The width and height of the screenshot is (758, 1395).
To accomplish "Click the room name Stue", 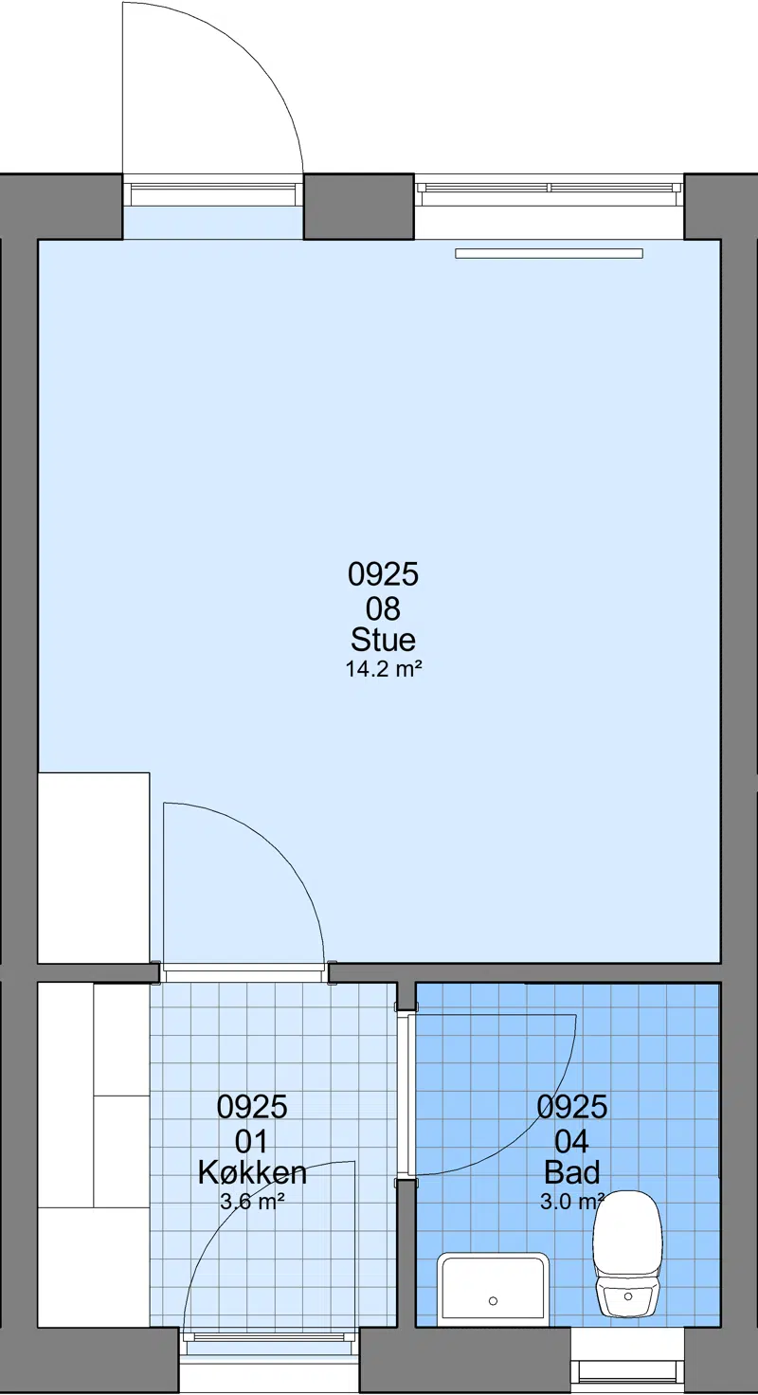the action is point(383,640).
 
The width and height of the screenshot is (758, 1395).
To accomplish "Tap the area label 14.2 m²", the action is point(384,669).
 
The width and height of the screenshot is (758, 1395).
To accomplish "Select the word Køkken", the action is point(252,1172).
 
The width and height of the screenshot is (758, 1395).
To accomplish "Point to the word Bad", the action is point(571,1172).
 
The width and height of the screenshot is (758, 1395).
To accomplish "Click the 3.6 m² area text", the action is point(252,1202).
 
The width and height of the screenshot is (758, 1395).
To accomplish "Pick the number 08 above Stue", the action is point(383,608).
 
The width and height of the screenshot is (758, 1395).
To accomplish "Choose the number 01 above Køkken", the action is point(252,1142).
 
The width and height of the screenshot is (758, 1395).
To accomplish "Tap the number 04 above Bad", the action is point(571,1142).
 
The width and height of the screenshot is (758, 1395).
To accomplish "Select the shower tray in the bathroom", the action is point(493,1289).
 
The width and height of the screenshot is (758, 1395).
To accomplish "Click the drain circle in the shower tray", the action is point(494,1301).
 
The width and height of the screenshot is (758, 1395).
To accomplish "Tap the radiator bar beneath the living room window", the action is point(549,253).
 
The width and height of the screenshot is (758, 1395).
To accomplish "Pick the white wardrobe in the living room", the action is point(94,867).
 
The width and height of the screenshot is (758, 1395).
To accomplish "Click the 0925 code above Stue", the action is point(383,574).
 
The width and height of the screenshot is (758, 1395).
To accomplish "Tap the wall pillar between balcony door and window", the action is point(359,207).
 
